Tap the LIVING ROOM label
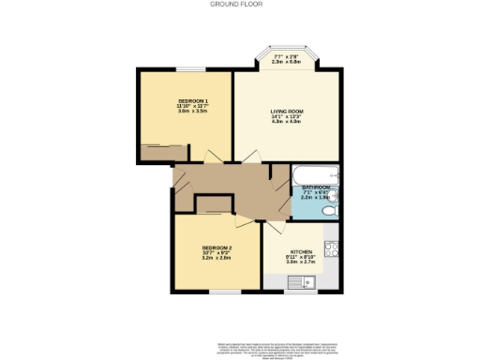[x=284, y=111]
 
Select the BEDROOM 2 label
[x=217, y=247]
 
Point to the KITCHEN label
[x=300, y=252]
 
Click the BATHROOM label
[x=315, y=188]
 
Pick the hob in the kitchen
[x=331, y=248]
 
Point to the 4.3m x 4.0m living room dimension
[x=284, y=122]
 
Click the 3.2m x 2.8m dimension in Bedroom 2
[x=217, y=259]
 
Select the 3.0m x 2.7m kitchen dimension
[x=300, y=263]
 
